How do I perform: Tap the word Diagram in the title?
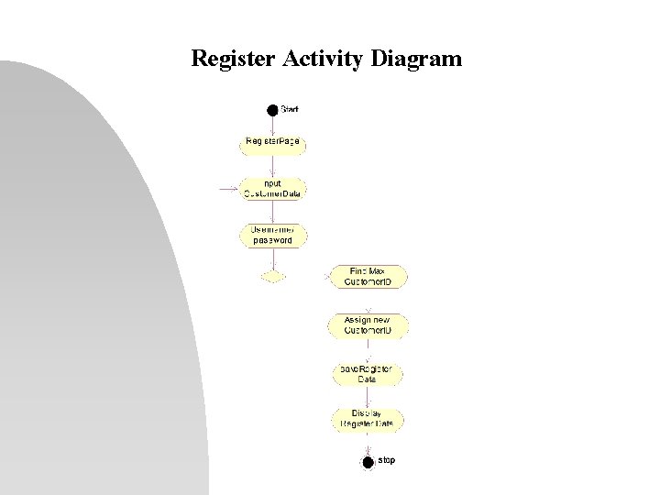click(418, 60)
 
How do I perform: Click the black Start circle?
click(272, 110)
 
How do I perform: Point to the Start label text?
click(290, 109)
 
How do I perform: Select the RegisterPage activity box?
click(272, 143)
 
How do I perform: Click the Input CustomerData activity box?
click(272, 188)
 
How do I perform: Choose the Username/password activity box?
click(272, 235)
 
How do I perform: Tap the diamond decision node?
click(272, 276)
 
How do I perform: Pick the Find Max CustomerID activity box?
click(367, 276)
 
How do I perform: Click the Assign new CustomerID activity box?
click(367, 325)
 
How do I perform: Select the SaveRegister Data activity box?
click(367, 374)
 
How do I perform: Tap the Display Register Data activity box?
click(367, 420)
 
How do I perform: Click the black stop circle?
click(368, 462)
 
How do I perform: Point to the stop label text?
click(386, 460)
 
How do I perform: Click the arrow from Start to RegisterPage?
click(272, 125)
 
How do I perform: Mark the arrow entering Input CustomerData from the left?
click(229, 190)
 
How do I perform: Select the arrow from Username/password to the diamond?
click(272, 258)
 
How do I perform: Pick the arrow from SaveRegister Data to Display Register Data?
click(367, 396)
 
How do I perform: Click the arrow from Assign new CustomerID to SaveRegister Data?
click(367, 349)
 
